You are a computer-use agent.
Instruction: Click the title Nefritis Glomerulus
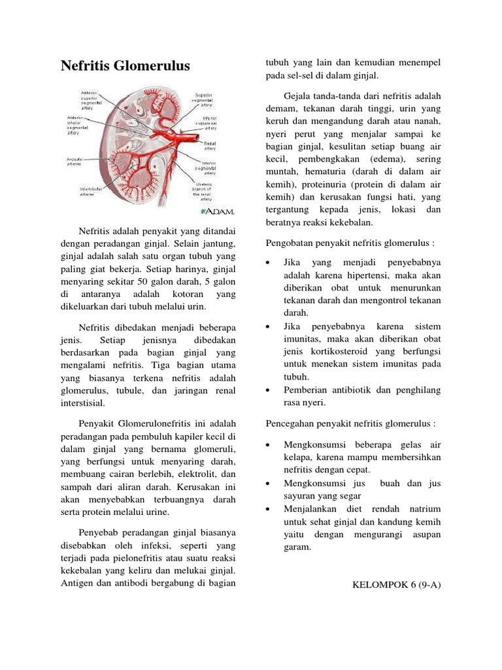tap(125, 66)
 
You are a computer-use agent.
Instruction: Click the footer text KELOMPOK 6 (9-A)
tap(396, 584)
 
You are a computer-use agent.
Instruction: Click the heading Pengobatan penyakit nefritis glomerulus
tap(350, 244)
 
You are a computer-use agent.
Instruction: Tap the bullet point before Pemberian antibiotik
tap(269, 390)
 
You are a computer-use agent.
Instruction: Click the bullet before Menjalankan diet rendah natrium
tap(269, 509)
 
